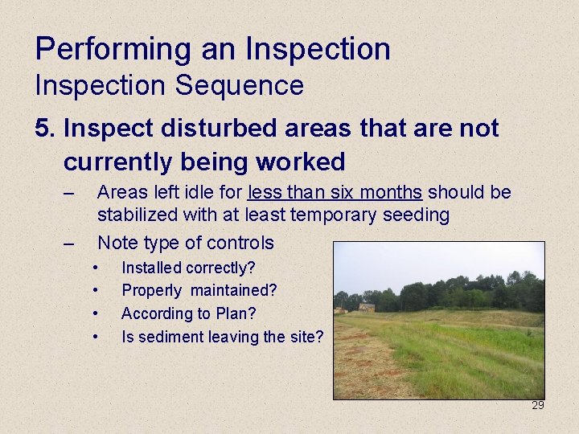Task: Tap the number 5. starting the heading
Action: click(45, 128)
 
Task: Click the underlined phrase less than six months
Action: click(335, 193)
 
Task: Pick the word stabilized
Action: click(133, 215)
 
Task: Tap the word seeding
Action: click(420, 215)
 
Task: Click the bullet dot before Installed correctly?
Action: click(96, 268)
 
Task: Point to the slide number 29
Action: click(537, 405)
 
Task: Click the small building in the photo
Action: click(366, 307)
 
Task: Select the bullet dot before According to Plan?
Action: click(96, 313)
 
